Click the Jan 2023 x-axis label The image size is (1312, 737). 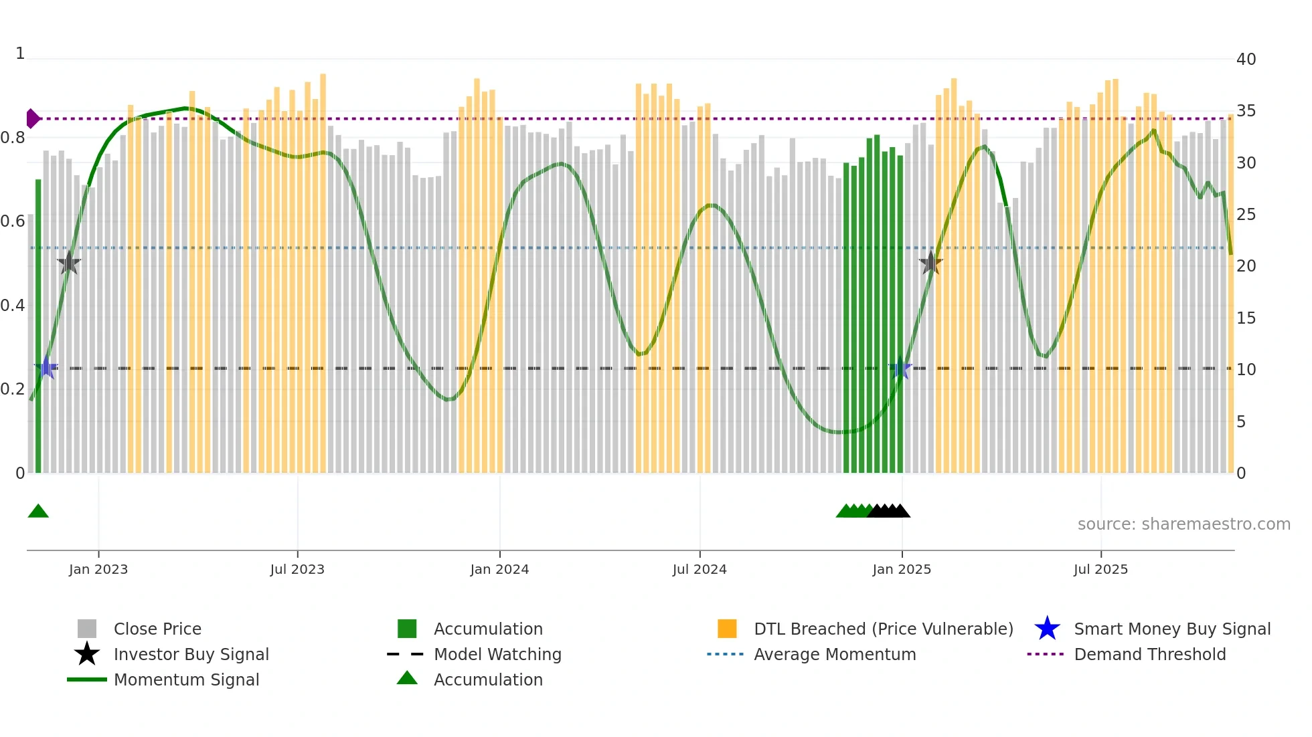(98, 569)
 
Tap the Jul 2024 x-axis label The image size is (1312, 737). (699, 569)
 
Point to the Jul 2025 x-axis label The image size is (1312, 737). (1100, 569)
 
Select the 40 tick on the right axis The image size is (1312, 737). (1246, 60)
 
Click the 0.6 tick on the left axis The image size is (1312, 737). (13, 221)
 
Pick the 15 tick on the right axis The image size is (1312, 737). (1246, 318)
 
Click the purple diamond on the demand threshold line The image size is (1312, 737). (32, 118)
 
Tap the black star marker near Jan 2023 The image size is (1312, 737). (68, 264)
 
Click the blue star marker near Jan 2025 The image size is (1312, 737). (901, 368)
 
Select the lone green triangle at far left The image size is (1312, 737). (38, 512)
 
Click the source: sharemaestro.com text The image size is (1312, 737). (1183, 524)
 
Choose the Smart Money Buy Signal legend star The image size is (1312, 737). (1047, 629)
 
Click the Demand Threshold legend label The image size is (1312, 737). (1149, 654)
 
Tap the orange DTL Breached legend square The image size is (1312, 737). (727, 629)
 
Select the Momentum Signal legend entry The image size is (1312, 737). (186, 679)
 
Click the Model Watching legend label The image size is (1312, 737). (497, 654)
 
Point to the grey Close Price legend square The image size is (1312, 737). (87, 629)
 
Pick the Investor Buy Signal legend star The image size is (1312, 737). (87, 654)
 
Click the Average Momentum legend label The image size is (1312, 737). (834, 654)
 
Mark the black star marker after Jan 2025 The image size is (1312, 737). (930, 264)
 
